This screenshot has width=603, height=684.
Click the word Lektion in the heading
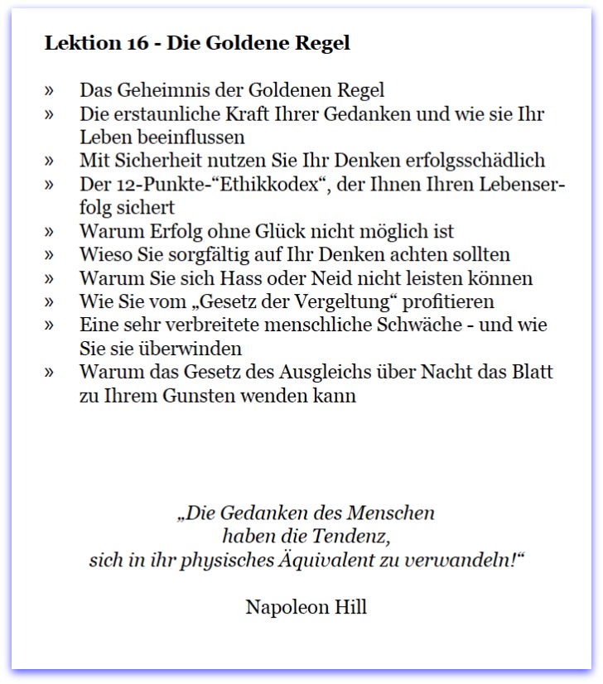[80, 44]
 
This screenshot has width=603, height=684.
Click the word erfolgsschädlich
[478, 161]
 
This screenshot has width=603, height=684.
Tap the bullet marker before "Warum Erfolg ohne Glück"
[50, 231]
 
